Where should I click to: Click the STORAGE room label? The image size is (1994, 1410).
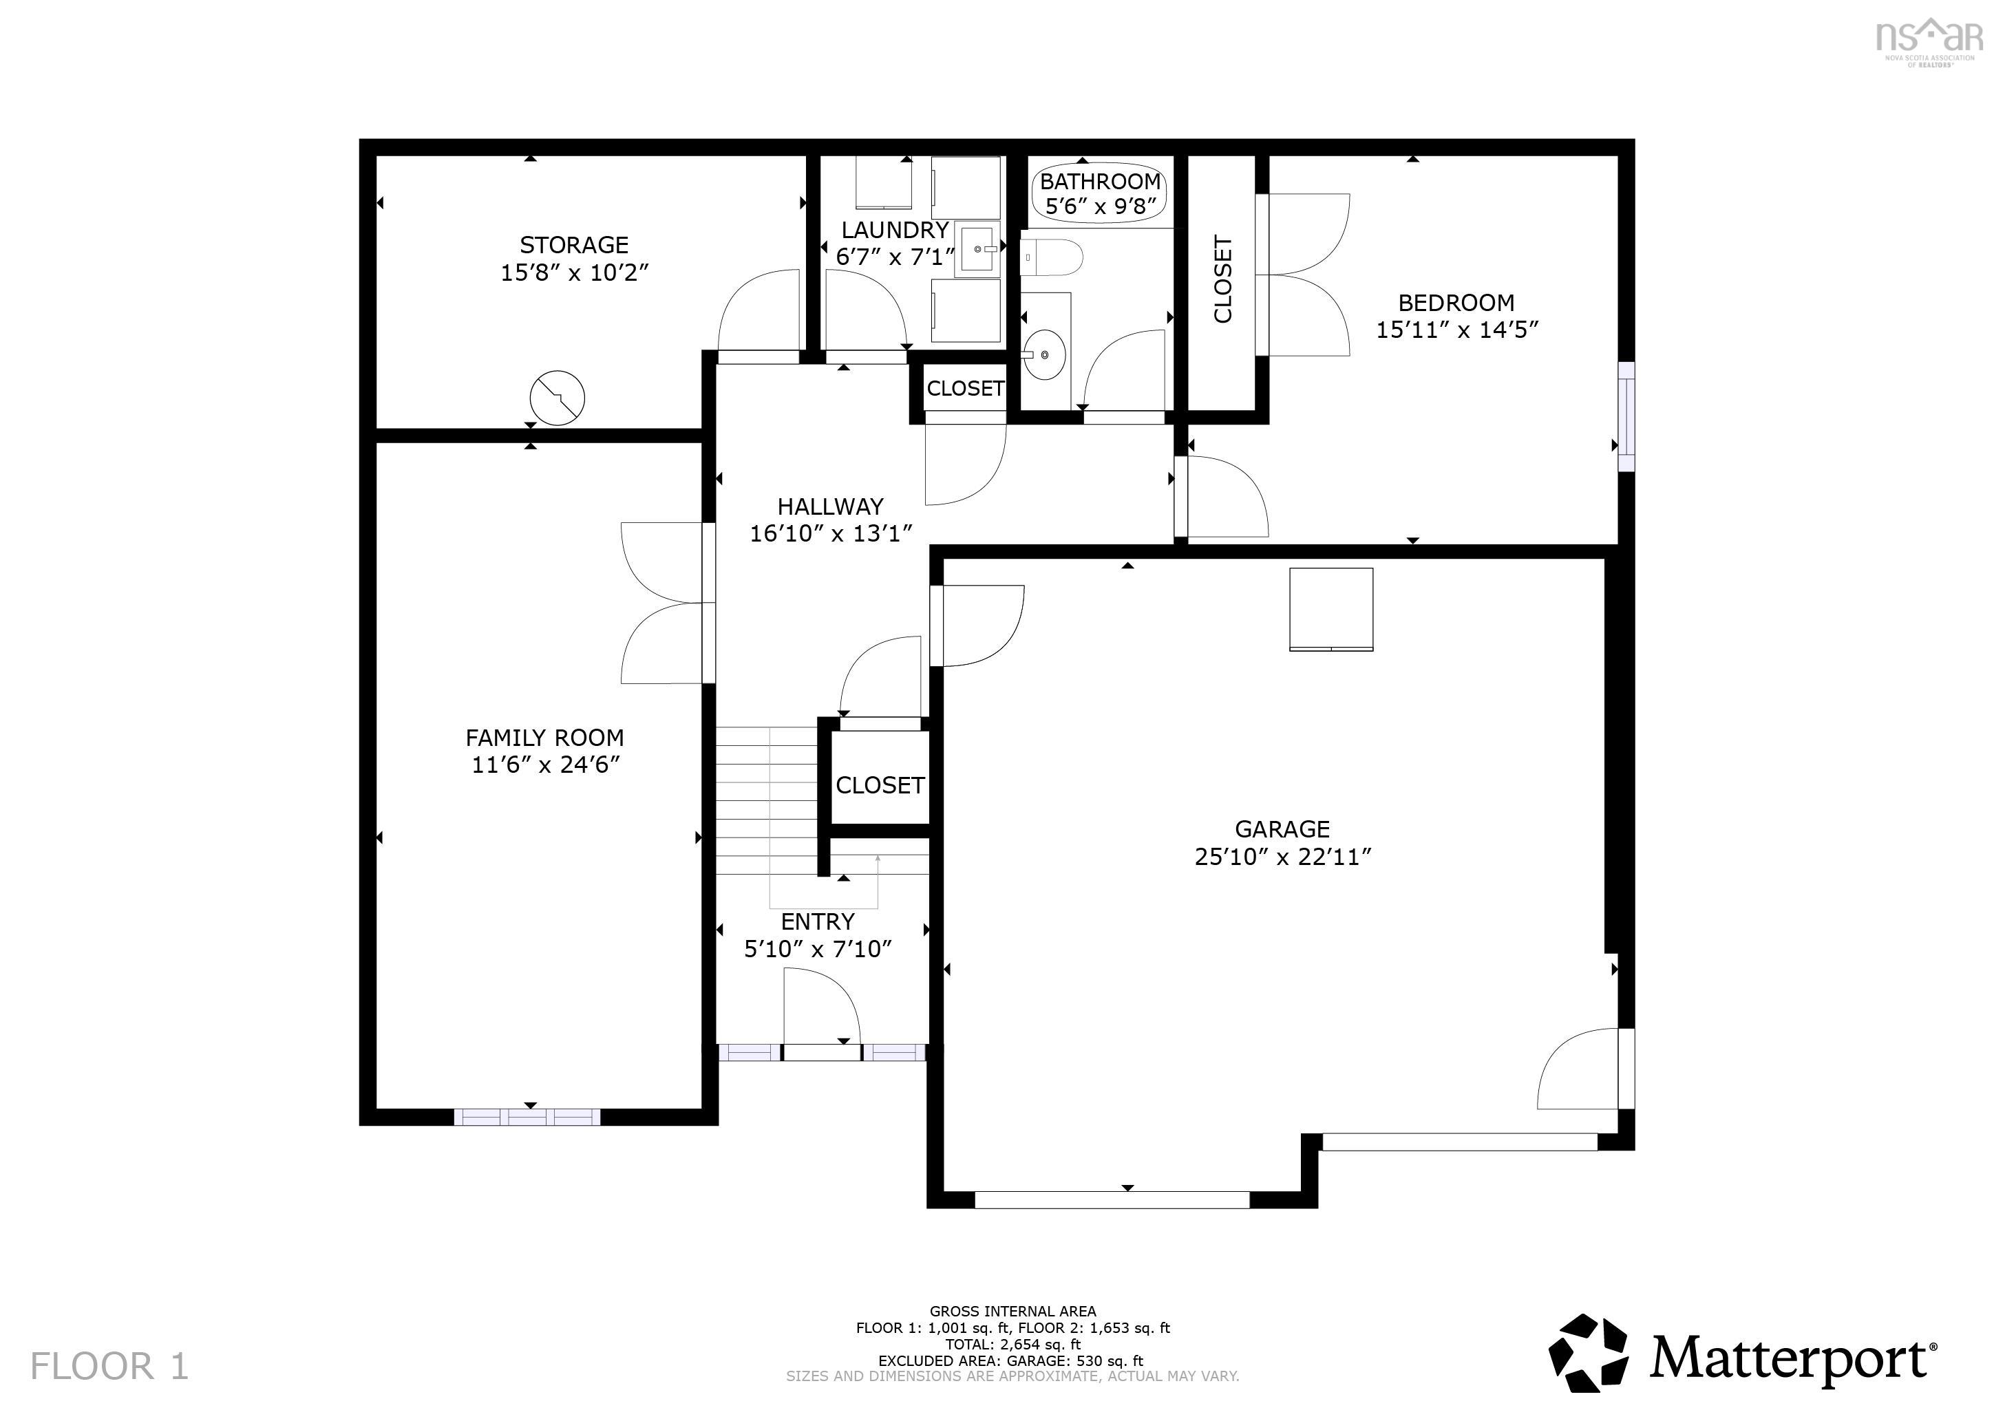point(573,245)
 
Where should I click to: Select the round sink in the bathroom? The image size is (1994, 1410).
point(1044,354)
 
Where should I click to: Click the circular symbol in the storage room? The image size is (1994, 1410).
point(557,398)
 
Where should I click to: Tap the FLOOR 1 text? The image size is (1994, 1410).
point(109,1366)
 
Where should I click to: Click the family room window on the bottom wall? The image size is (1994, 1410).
point(527,1117)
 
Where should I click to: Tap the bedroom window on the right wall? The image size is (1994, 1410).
point(1626,417)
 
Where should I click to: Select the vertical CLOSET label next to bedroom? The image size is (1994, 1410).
point(1222,279)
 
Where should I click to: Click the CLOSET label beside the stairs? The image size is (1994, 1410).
point(879,785)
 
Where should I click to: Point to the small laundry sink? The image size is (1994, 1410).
point(978,249)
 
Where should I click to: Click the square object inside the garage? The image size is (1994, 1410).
point(1330,608)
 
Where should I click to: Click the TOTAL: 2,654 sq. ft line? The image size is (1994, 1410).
point(1012,1345)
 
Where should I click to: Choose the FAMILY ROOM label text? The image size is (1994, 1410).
point(544,738)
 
